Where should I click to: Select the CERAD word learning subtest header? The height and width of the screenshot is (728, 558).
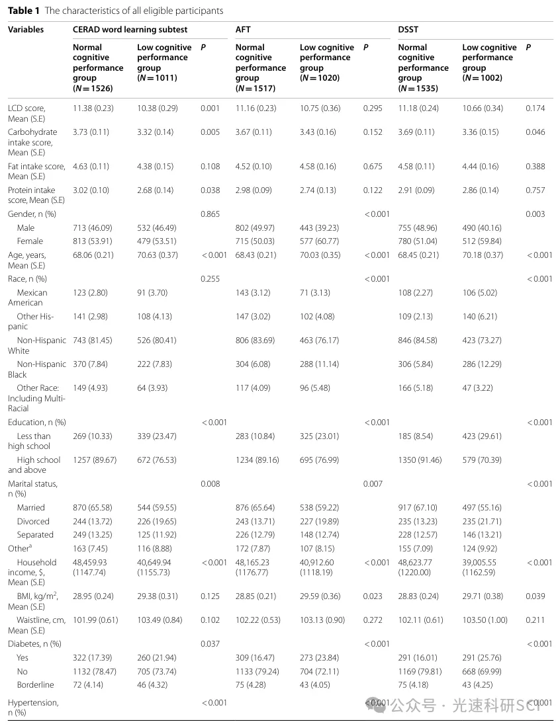(130, 30)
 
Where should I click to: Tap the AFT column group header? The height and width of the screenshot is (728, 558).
(243, 30)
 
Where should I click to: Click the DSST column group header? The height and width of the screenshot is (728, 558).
(408, 30)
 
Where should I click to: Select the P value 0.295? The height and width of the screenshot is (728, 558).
(373, 108)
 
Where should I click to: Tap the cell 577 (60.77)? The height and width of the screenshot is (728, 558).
(320, 241)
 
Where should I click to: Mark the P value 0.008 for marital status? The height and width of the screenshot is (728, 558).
(210, 484)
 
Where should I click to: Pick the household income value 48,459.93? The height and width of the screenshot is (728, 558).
(89, 563)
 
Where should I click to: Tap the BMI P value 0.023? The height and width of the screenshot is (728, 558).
(373, 596)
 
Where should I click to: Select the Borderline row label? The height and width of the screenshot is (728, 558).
(35, 685)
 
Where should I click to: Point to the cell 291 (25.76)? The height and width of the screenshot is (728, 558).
(482, 658)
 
